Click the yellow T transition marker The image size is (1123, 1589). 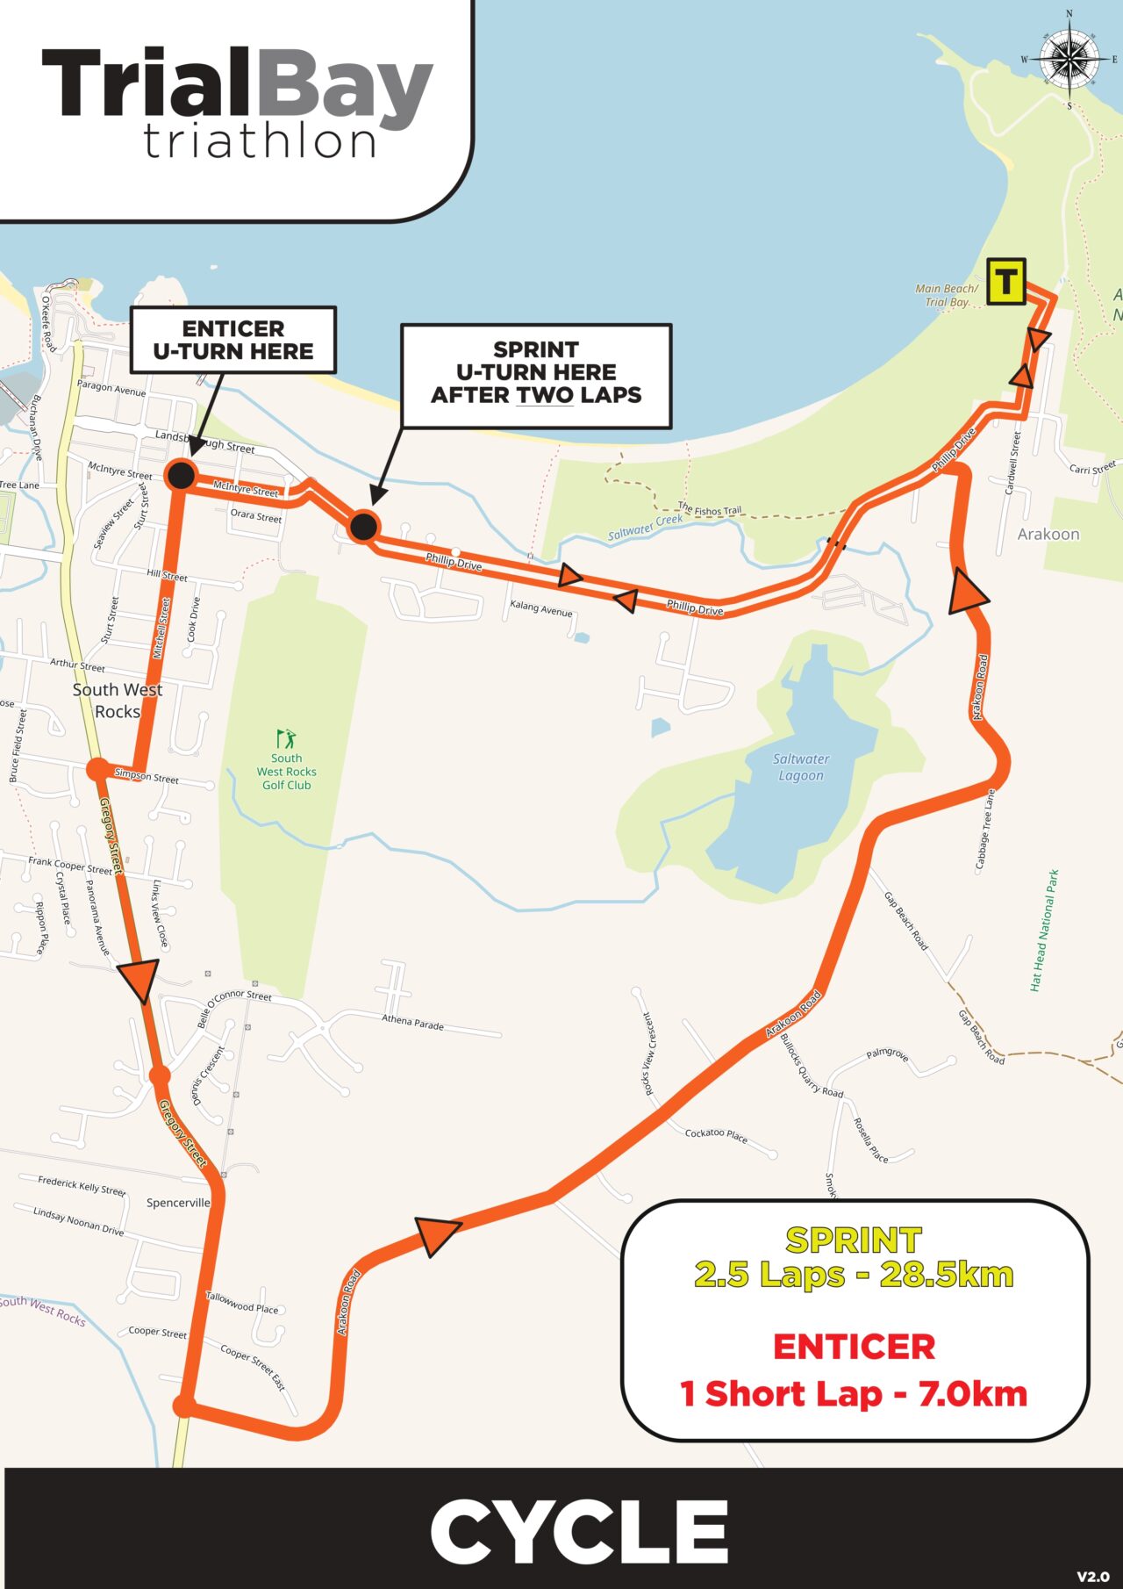pos(1005,282)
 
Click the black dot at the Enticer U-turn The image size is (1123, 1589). pos(181,475)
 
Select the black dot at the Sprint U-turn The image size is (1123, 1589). pos(363,527)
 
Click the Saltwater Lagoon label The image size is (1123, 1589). pos(801,767)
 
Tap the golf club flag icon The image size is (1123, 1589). pos(286,738)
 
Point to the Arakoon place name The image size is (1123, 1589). pos(1048,534)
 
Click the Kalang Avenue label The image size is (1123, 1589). pos(540,608)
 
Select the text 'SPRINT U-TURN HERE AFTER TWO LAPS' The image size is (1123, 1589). pos(536,373)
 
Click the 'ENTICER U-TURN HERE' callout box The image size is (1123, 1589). pos(233,340)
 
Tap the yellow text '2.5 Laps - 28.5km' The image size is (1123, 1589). pos(854,1275)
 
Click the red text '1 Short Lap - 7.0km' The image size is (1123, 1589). pos(854,1394)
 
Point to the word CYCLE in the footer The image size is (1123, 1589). pos(579,1532)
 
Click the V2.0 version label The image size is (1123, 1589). pos(1092,1577)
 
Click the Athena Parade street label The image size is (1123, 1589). pos(412,1022)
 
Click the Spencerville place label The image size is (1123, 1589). pos(178,1203)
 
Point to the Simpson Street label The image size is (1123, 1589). pos(147,776)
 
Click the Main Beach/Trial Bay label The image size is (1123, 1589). pos(946,295)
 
